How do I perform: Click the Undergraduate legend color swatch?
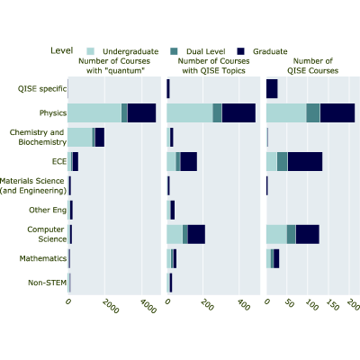tap(90, 51)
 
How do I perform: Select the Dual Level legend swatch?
tap(174, 51)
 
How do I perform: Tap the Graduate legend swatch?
tap(240, 51)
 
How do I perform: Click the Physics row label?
tap(53, 113)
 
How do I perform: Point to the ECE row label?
tap(59, 161)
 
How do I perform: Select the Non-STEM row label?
tap(48, 283)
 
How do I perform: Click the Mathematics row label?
tap(43, 258)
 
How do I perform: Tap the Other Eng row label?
tap(48, 210)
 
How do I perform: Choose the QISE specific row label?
tap(42, 89)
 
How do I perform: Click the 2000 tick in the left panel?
tap(111, 306)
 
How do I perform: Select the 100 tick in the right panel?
tap(311, 305)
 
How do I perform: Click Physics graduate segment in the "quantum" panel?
tap(141, 113)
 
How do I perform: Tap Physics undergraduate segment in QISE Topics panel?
tap(190, 113)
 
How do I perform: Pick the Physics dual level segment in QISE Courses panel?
tap(313, 113)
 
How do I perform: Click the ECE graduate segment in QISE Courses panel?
tap(305, 162)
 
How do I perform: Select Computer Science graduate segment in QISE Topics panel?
tap(196, 234)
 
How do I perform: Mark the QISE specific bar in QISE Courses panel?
tap(272, 89)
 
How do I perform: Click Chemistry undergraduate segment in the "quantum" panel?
tap(80, 138)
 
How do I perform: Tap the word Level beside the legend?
tap(62, 50)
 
